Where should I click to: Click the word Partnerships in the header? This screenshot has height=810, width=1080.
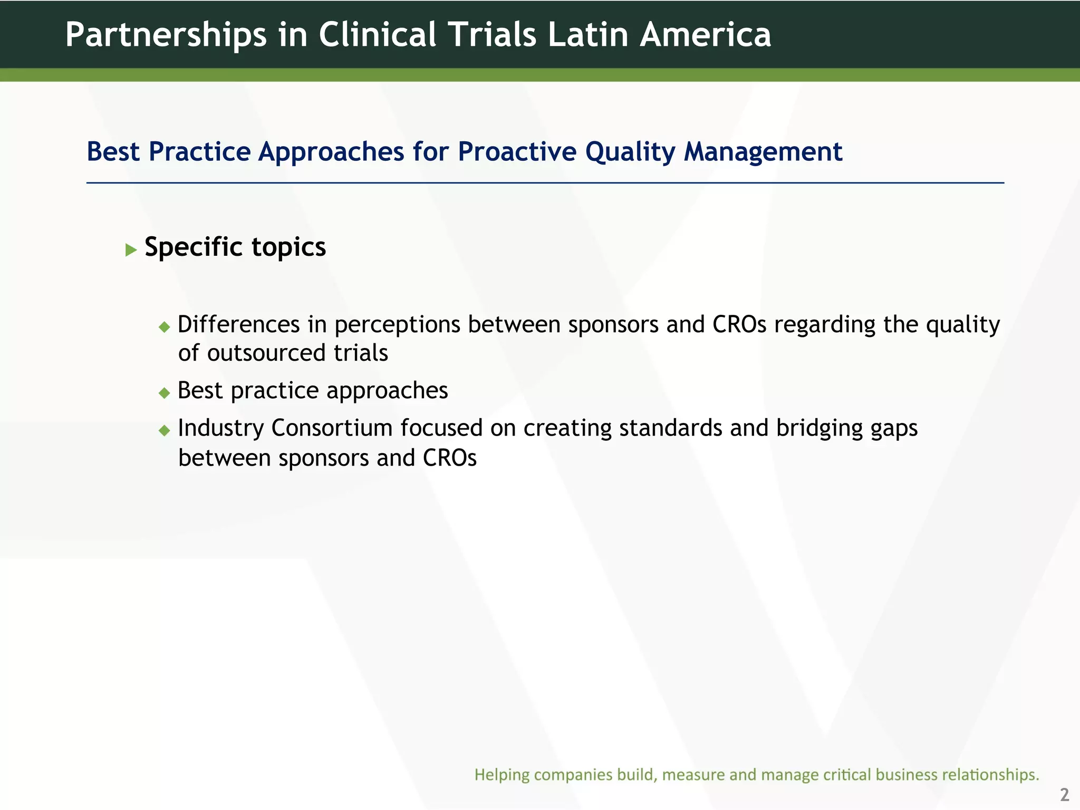pos(166,35)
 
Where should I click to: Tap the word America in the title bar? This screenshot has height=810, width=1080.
pos(705,35)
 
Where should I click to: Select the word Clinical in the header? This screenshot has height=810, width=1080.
pos(378,35)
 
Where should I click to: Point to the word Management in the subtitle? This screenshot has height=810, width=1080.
pos(763,152)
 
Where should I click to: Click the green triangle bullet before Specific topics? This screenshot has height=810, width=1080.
pos(131,250)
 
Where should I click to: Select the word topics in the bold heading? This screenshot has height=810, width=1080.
pos(288,247)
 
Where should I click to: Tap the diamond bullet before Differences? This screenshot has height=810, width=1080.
pos(165,327)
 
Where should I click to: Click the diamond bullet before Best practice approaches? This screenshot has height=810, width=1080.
pos(165,393)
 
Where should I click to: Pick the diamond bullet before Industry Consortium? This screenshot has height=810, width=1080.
pos(165,430)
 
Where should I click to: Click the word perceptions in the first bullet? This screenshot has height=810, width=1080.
pos(397,325)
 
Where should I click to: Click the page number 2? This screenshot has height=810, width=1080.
pos(1064,794)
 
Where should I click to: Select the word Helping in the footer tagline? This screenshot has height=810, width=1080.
pos(502,775)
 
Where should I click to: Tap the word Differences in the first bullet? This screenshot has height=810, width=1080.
pos(238,324)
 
